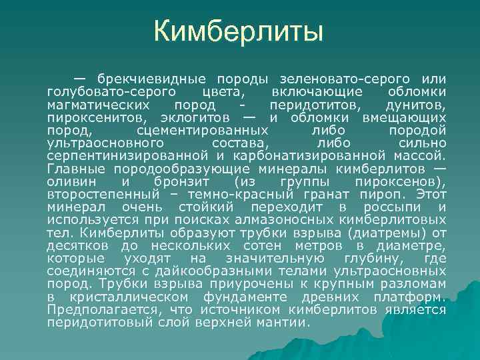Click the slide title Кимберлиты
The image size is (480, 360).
[x=239, y=31]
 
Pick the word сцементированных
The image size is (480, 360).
[x=193, y=130]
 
